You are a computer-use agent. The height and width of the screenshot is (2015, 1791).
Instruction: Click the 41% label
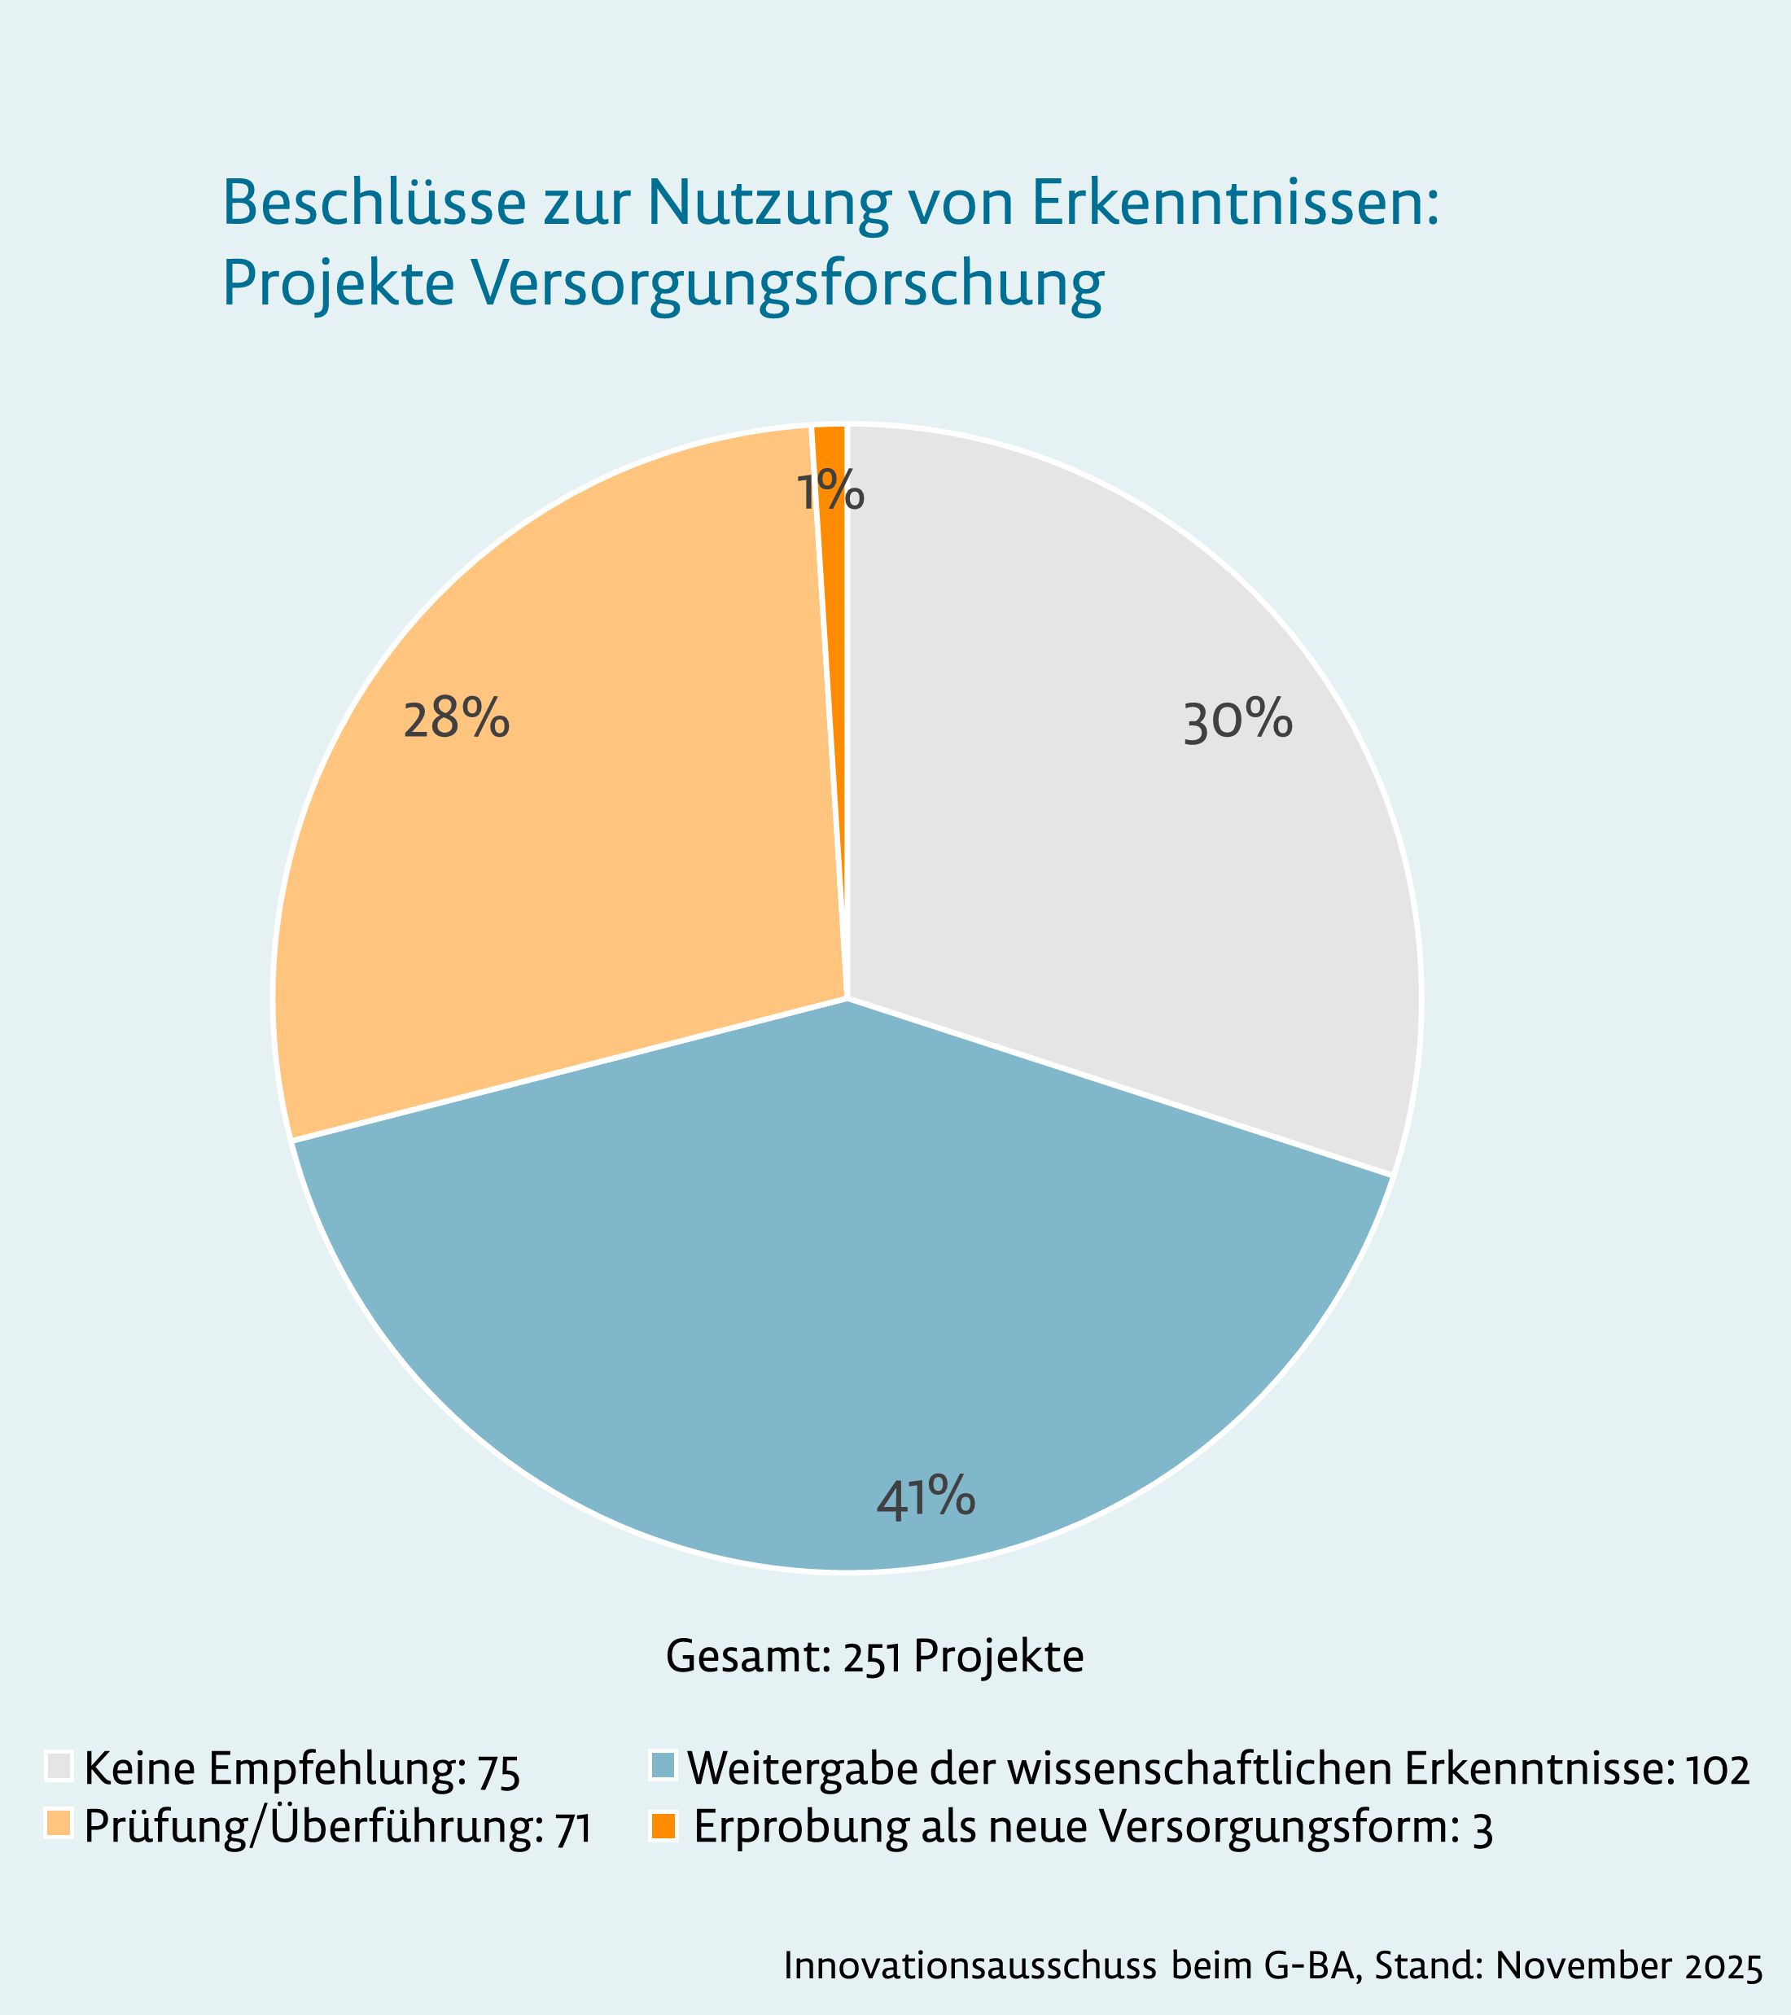926,1497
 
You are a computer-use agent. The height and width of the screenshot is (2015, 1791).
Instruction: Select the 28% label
457,721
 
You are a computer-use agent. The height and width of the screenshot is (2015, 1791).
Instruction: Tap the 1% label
830,492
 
